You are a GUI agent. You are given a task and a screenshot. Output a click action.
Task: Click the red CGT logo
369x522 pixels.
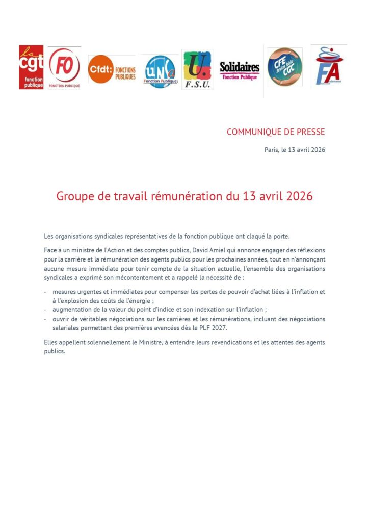31,67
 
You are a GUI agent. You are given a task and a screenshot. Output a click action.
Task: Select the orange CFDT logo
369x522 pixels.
112,69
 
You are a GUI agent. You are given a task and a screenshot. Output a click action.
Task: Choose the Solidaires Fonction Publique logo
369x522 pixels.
240,70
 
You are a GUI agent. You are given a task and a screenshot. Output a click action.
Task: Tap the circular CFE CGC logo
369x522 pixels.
284,67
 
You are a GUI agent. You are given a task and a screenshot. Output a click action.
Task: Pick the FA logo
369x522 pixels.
329,66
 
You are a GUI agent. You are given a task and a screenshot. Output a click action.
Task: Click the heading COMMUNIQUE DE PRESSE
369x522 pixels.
275,132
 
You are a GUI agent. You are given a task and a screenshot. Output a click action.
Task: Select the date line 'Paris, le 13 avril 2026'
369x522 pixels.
294,150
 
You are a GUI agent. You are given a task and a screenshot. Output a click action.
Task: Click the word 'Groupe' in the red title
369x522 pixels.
74,197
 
